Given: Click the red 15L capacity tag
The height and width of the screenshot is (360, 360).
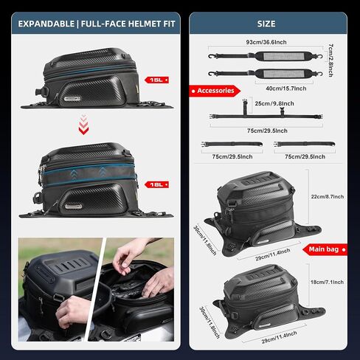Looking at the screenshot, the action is point(156,80).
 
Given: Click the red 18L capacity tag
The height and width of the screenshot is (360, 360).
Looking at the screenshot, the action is point(156,184).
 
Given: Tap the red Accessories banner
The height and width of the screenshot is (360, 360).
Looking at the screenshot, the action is point(215,91).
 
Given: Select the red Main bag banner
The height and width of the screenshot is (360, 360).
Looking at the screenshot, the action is point(325,249).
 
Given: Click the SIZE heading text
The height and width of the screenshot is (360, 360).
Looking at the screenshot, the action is point(266,24).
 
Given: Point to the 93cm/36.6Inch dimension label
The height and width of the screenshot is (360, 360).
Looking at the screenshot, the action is point(266,42).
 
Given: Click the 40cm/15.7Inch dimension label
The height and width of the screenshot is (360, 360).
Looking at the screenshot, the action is point(286,89).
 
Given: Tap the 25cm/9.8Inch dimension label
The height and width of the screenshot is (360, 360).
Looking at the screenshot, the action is point(274,103).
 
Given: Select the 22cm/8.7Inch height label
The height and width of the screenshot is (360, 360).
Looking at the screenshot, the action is point(328,197).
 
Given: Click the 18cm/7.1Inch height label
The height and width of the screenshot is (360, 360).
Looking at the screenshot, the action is point(327,283).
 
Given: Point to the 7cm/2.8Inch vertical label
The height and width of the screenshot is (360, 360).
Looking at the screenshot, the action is point(330,60).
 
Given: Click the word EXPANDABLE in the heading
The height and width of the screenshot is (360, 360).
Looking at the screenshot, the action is point(46,24).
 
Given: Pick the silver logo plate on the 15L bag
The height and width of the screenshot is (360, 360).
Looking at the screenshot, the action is point(72,99).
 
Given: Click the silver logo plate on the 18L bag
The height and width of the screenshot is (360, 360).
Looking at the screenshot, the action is point(74,207).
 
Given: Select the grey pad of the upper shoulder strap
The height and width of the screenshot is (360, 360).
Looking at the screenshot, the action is point(283,57).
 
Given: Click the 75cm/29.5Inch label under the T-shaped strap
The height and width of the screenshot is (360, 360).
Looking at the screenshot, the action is point(267,131).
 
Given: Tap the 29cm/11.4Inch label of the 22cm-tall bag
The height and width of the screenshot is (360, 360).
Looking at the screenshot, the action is point(273,255).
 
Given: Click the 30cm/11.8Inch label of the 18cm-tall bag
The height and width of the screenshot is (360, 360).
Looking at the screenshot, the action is point(210,322).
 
